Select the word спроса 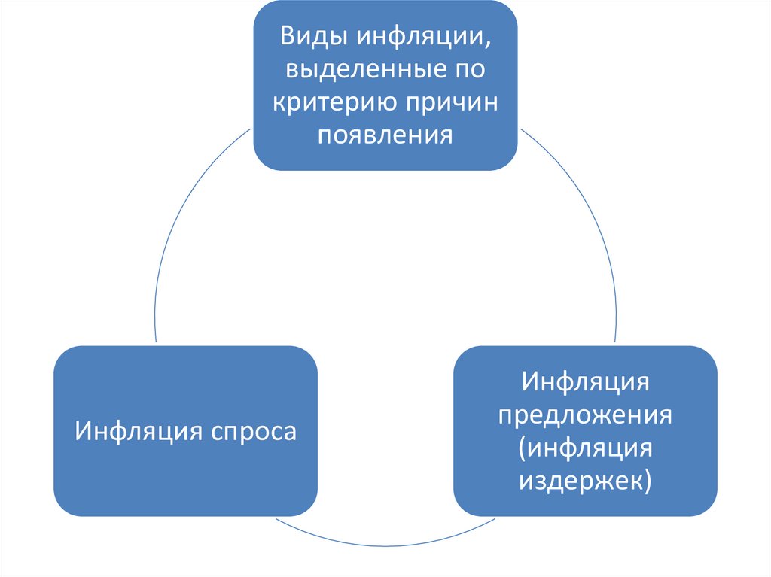pyautogui.click(x=253, y=432)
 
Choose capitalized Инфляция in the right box pyautogui.click(x=585, y=382)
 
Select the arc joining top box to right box pyautogui.click(x=587, y=211)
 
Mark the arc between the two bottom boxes pyautogui.click(x=385, y=545)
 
